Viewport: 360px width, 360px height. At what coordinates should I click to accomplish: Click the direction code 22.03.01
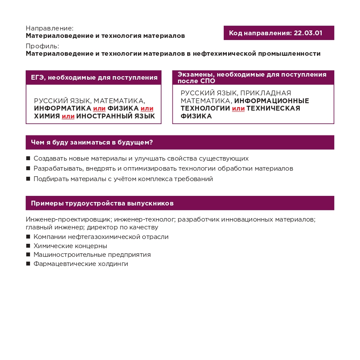pyautogui.click(x=308, y=33)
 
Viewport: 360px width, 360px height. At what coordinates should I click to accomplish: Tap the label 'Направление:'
pyautogui.click(x=49, y=28)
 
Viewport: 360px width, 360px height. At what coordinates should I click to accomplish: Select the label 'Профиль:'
pyautogui.click(x=42, y=46)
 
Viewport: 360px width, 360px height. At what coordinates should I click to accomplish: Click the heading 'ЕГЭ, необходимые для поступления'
pyautogui.click(x=94, y=77)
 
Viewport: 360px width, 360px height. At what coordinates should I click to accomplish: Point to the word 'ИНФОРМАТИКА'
pyautogui.click(x=63, y=108)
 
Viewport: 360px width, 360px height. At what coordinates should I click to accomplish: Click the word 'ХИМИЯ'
pyautogui.click(x=47, y=116)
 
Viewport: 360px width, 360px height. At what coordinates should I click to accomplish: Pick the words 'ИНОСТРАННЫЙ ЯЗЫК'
pyautogui.click(x=116, y=116)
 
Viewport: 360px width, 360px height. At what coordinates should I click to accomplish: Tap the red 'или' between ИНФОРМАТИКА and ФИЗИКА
pyautogui.click(x=99, y=108)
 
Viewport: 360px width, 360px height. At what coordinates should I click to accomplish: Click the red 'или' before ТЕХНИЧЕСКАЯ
pyautogui.click(x=238, y=108)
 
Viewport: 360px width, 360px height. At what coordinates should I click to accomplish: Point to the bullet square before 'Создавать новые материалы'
pyautogui.click(x=28, y=158)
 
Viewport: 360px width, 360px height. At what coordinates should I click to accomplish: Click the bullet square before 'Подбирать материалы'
pyautogui.click(x=28, y=179)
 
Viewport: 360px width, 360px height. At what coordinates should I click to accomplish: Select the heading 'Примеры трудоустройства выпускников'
pyautogui.click(x=102, y=203)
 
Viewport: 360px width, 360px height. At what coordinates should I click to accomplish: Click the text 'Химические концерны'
pyautogui.click(x=64, y=246)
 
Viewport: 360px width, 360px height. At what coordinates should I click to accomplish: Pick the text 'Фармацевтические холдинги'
pyautogui.click(x=81, y=264)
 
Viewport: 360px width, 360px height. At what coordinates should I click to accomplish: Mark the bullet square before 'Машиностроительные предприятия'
pyautogui.click(x=28, y=255)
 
